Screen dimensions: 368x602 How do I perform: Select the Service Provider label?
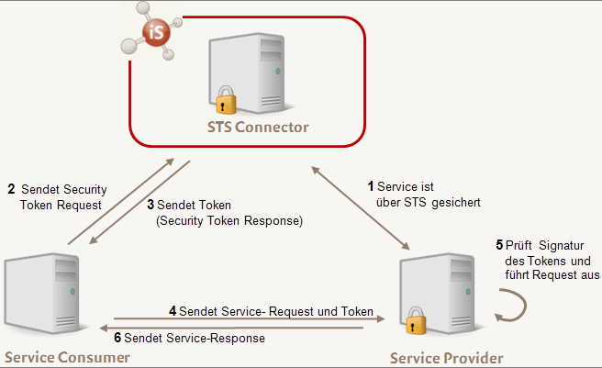click(x=447, y=357)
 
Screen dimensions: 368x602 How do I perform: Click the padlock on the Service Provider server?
click(x=417, y=324)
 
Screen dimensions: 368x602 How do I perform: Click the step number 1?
click(x=371, y=187)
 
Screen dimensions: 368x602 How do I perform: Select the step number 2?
click(x=11, y=189)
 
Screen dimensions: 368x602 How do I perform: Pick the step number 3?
click(x=150, y=205)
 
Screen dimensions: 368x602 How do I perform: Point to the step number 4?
click(x=173, y=311)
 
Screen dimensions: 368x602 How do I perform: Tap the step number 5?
click(x=499, y=245)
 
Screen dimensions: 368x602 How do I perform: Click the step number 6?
click(x=117, y=338)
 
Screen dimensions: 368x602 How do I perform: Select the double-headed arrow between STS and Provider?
click(x=361, y=208)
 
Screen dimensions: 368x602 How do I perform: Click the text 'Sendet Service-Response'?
click(x=195, y=338)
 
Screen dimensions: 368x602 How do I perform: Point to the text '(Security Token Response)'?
click(x=229, y=221)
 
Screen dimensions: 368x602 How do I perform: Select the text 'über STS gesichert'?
click(x=429, y=202)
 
